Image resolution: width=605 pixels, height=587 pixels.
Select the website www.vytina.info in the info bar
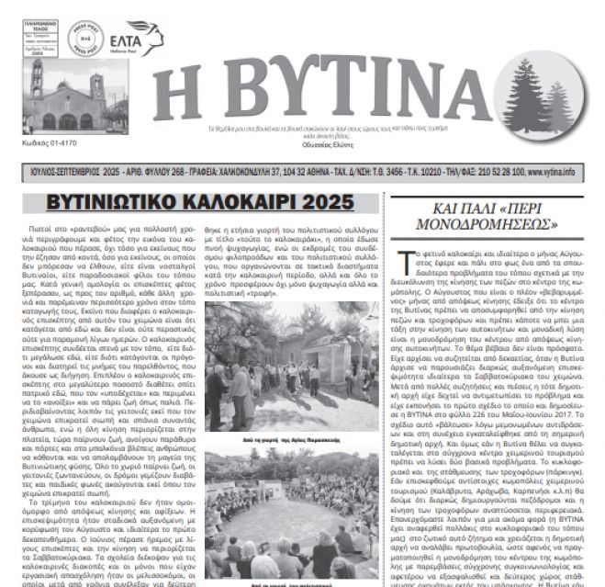click(575, 172)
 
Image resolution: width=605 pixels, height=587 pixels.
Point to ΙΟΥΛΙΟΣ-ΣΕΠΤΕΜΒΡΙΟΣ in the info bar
click(54, 172)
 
